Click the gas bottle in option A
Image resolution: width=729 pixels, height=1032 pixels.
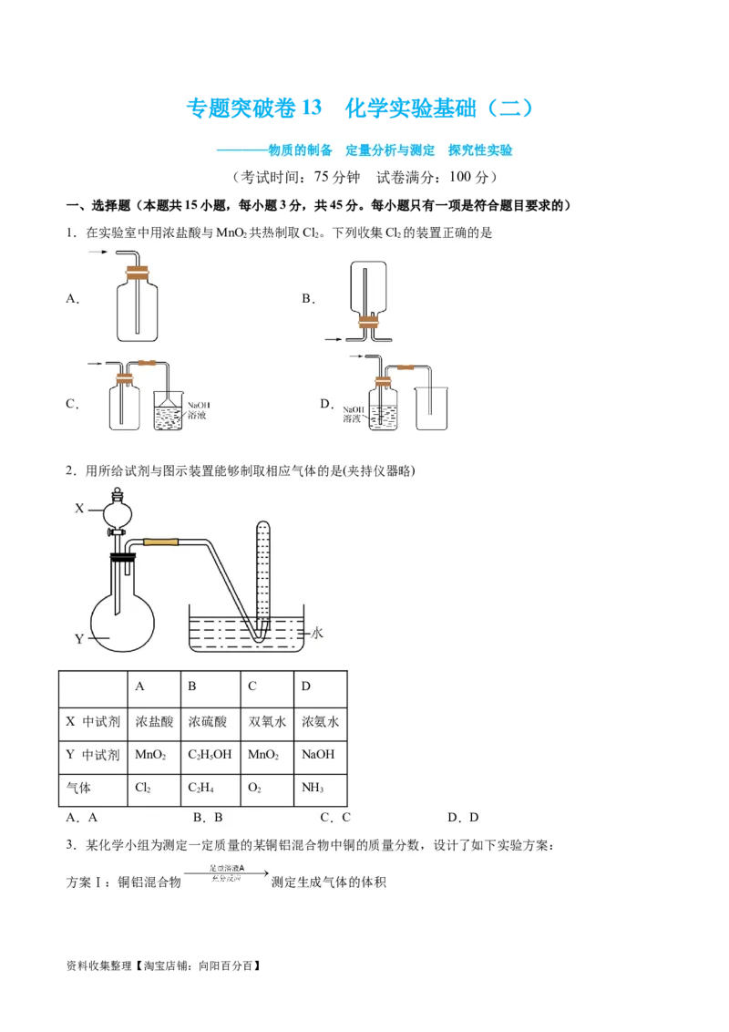138,308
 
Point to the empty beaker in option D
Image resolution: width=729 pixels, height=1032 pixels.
429,406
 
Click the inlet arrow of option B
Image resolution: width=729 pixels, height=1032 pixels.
334,339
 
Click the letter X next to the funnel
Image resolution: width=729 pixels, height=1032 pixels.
79,509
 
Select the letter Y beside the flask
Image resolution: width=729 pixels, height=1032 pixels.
79,638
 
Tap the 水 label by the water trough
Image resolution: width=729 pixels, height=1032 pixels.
317,631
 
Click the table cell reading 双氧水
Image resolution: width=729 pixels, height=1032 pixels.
268,720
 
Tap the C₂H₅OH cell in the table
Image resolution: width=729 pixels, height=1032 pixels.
209,754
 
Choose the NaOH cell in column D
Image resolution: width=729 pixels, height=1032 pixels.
318,754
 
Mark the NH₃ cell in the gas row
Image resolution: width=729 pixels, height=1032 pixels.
318,787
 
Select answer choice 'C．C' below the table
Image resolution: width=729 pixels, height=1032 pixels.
335,818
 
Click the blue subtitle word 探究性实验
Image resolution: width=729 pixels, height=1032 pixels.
480,150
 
